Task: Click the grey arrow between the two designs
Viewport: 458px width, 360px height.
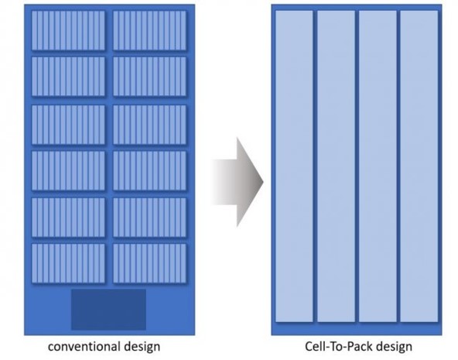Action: (238, 182)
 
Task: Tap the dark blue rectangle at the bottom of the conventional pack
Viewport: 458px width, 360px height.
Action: (108, 310)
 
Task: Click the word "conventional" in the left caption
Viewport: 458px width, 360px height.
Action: (84, 347)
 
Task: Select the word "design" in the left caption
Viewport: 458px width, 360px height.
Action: (142, 347)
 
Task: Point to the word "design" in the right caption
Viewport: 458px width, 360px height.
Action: (394, 347)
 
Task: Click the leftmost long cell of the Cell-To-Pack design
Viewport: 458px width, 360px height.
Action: (294, 166)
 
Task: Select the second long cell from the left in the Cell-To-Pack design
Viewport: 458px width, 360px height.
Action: (337, 166)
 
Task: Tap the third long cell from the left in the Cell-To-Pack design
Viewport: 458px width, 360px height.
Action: (378, 166)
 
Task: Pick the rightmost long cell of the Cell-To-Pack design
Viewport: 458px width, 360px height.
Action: (419, 166)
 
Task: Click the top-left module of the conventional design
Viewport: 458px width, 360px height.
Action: (68, 30)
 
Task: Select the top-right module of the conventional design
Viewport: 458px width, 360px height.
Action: (149, 30)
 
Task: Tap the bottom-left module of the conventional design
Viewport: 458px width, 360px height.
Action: (68, 263)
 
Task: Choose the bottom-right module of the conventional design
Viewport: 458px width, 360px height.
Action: (149, 263)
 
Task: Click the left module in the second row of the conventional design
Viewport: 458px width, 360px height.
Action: (68, 77)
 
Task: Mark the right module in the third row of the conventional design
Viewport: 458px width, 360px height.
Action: (149, 125)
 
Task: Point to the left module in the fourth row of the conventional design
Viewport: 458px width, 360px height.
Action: (68, 170)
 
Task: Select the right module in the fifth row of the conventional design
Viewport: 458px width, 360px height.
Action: (149, 218)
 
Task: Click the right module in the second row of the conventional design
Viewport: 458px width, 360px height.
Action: (149, 77)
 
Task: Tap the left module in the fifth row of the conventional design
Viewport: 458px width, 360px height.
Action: (68, 218)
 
